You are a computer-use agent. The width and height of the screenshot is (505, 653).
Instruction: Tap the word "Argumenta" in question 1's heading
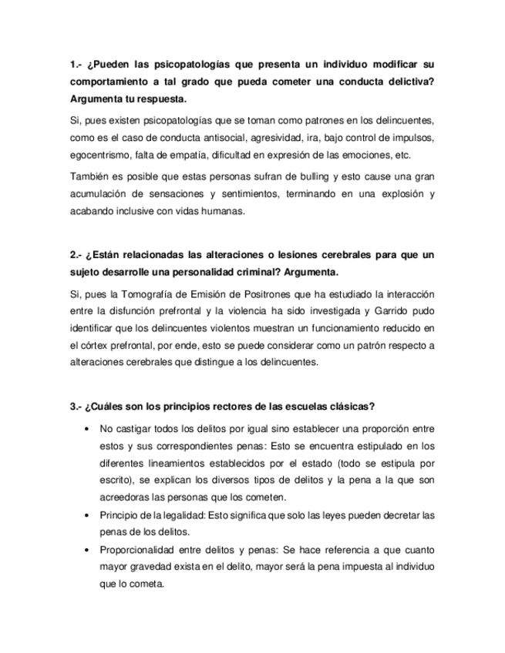coord(96,100)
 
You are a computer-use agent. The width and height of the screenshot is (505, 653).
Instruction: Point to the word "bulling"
coord(295,177)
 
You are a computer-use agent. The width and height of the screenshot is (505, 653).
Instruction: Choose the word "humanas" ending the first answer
coord(221,213)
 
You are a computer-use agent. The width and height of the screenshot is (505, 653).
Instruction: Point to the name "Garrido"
coord(377,312)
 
